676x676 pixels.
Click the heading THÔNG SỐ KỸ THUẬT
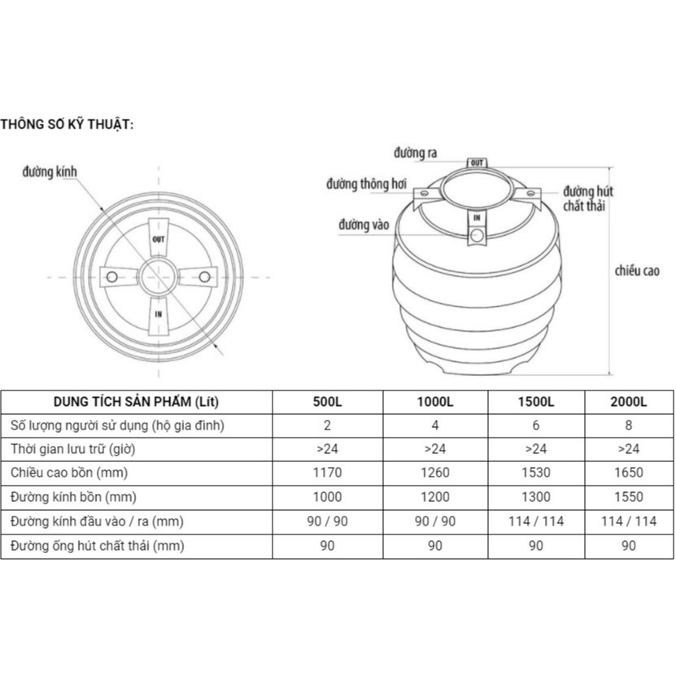(67, 124)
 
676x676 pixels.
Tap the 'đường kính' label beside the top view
(50, 172)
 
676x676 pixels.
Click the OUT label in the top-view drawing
(159, 239)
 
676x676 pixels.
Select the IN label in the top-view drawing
(159, 314)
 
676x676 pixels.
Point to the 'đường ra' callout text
(415, 153)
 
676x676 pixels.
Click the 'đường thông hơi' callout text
(366, 184)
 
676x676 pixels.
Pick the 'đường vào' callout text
(364, 225)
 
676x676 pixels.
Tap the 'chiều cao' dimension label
(637, 271)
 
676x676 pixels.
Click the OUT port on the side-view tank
(477, 163)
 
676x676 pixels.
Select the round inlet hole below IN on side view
(477, 235)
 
